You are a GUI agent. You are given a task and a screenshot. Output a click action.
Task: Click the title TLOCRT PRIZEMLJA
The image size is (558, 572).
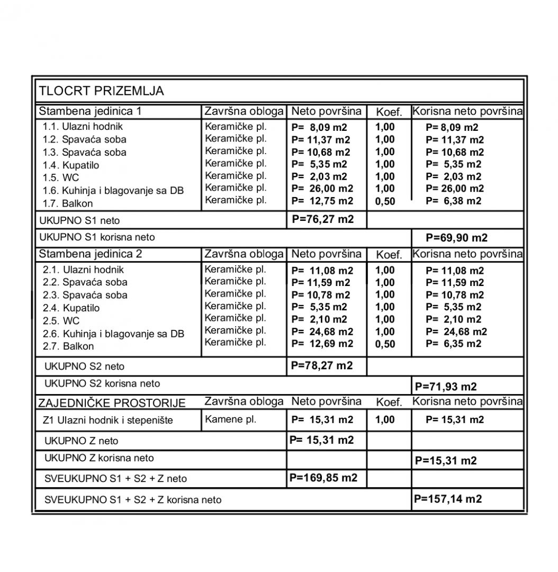tap(101, 91)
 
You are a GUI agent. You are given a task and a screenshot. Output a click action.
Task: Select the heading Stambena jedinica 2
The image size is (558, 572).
tap(91, 254)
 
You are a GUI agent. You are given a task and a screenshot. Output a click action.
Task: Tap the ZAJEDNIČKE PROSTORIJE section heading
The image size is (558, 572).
tap(112, 403)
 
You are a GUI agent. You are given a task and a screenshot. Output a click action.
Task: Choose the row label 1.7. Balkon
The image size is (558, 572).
tap(68, 203)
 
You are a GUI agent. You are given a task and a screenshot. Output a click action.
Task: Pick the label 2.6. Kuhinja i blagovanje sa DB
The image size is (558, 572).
tap(113, 334)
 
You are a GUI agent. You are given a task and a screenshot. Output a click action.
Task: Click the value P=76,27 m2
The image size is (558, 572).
tap(323, 219)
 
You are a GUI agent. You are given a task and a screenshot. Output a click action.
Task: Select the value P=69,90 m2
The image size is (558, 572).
tap(456, 237)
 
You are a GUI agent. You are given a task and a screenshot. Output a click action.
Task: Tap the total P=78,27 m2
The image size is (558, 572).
tap(322, 365)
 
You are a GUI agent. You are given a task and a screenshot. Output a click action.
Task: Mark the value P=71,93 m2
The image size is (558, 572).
tap(446, 386)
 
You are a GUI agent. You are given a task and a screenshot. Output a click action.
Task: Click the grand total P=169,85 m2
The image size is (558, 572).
tap(323, 478)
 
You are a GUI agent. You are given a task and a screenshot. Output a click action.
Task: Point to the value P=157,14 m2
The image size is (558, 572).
tap(448, 498)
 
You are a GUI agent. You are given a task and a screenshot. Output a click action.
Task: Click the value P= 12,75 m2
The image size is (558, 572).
tap(322, 201)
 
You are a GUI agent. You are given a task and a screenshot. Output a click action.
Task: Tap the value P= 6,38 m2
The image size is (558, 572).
tap(453, 201)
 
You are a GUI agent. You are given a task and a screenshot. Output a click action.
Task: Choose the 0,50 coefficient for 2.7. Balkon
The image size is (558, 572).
tap(385, 344)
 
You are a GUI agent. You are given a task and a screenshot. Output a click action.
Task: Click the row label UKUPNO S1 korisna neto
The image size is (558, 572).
tap(97, 237)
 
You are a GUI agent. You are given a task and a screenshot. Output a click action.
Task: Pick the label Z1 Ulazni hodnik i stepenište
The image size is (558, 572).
tap(108, 421)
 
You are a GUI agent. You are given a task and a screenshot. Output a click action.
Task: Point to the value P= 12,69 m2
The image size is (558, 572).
tap(322, 344)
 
